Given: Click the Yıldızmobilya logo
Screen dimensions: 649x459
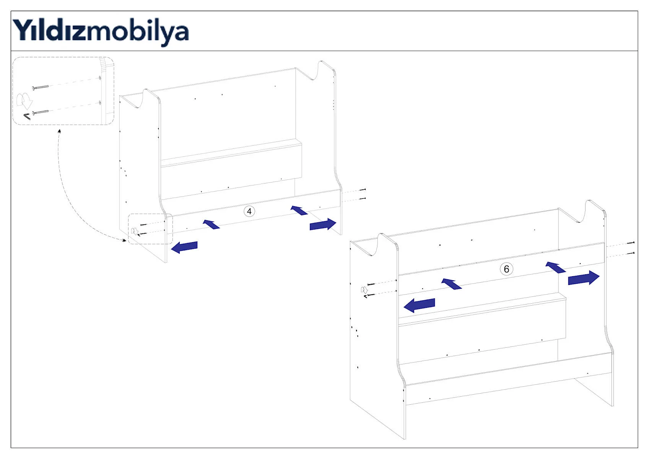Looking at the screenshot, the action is [101, 32].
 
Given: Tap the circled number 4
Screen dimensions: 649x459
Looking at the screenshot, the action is [249, 211].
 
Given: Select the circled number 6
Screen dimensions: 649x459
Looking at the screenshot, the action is [506, 269].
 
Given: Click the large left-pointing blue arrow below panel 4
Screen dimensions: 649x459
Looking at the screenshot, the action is [184, 247].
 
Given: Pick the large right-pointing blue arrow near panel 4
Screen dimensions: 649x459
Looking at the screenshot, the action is [323, 224].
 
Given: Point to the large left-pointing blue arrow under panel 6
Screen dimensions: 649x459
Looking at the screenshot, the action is [419, 305].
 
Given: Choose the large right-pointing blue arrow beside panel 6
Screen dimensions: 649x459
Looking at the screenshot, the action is [584, 278].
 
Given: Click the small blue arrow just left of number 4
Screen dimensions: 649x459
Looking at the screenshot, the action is [211, 224].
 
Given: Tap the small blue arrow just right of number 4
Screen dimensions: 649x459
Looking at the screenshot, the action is [299, 210].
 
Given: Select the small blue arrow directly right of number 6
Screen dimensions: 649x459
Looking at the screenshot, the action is [555, 267].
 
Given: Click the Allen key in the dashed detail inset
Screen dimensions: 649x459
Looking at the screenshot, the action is [27, 117].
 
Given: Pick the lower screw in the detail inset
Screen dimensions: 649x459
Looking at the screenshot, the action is [40, 112].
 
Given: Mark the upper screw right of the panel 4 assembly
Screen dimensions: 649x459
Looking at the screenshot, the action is [363, 189].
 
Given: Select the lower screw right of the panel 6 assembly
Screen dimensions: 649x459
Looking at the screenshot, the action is [631, 253].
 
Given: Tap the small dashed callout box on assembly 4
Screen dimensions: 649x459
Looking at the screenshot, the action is [150, 229].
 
